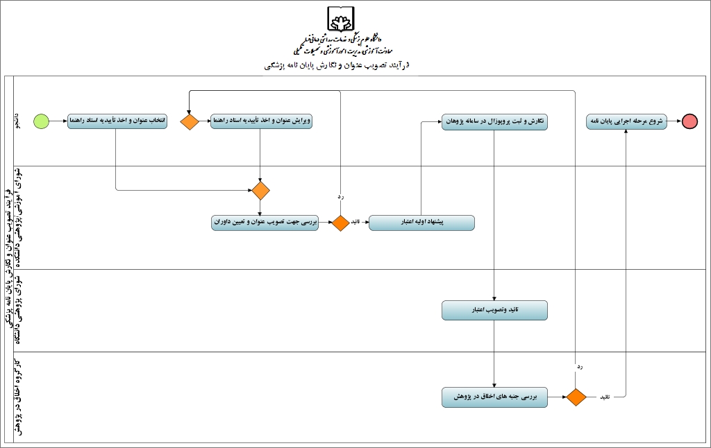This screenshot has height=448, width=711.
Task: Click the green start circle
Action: point(42,121)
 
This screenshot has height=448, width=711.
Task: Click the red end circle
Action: point(689,121)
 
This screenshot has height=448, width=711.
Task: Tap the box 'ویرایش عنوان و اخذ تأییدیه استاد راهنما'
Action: point(261,121)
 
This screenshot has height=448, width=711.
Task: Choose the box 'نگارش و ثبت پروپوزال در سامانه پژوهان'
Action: point(494,121)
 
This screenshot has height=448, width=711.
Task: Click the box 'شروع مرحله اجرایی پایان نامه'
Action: point(626,121)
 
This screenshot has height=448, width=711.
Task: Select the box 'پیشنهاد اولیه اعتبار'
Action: point(421,223)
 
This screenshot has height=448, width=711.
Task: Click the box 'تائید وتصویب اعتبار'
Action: point(494,310)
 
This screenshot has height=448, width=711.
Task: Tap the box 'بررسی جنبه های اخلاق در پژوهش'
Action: point(494,397)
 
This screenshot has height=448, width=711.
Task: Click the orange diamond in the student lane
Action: point(190,121)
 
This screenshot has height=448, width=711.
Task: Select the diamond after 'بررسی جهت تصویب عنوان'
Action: point(340,223)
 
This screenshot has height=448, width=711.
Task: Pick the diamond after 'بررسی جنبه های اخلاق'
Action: point(576,397)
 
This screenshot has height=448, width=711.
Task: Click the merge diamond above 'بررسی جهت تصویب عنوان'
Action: point(260,189)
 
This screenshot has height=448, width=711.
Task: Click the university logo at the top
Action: point(340,19)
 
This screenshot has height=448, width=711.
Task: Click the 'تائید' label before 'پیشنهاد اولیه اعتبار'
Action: point(354,223)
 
